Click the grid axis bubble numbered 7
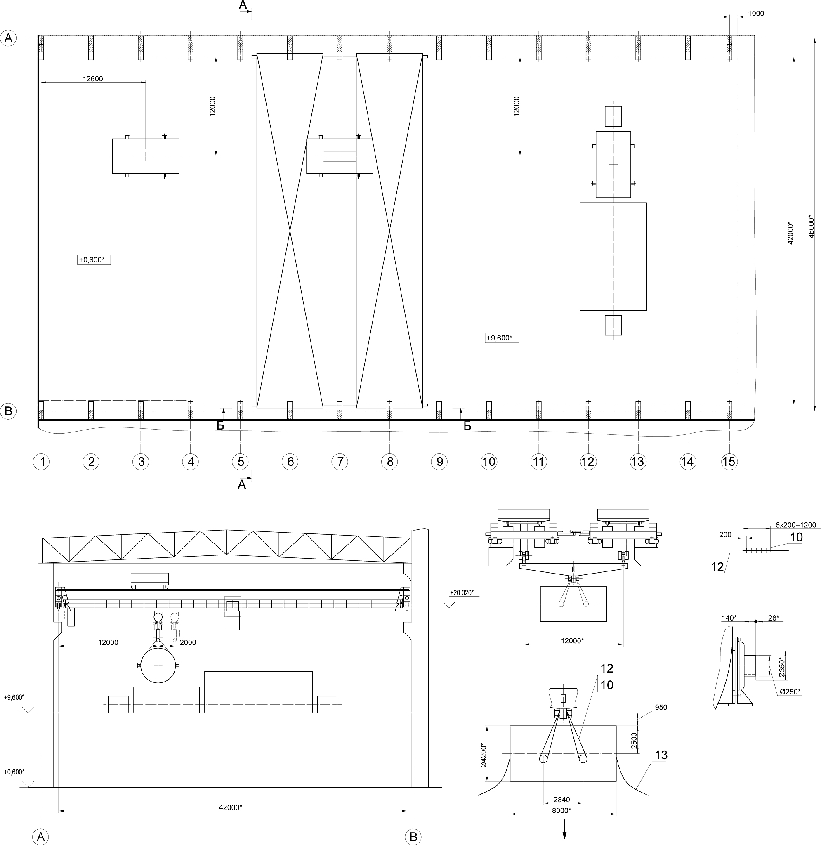[x=340, y=462]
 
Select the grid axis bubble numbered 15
[x=729, y=462]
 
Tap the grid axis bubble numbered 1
[x=41, y=462]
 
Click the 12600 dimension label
[x=93, y=78]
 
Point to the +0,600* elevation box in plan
[x=94, y=260]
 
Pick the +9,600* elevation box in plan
[x=502, y=338]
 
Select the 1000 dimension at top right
[x=756, y=13]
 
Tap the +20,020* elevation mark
[x=461, y=592]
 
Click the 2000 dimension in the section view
[x=188, y=642]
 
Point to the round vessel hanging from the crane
[x=158, y=666]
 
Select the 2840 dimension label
[x=561, y=800]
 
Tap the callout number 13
[x=661, y=755]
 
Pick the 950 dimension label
[x=661, y=707]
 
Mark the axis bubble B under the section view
[x=413, y=837]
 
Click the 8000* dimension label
[x=561, y=810]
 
